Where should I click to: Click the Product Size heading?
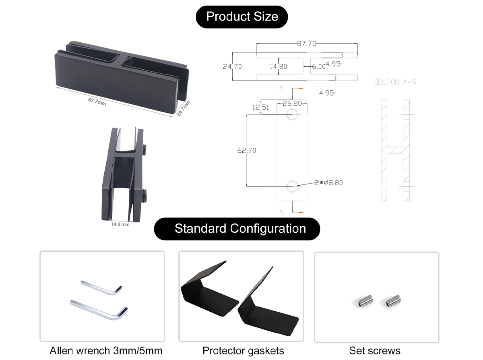(242, 17)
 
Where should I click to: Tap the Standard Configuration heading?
(240, 229)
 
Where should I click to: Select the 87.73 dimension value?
(307, 43)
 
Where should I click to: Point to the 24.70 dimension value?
(232, 66)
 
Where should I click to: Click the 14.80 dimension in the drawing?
(278, 66)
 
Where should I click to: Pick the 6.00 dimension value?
(318, 67)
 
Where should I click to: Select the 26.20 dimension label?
(292, 103)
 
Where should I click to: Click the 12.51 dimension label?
(260, 107)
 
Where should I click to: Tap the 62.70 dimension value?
(247, 151)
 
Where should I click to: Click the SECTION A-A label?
(395, 82)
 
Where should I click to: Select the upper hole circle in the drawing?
(292, 114)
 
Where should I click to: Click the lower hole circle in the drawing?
(292, 186)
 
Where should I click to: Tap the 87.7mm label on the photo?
(97, 101)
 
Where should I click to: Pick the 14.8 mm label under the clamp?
(120, 224)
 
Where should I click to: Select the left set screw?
(365, 300)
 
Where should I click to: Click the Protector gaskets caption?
(243, 350)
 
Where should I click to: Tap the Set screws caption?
(375, 350)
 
